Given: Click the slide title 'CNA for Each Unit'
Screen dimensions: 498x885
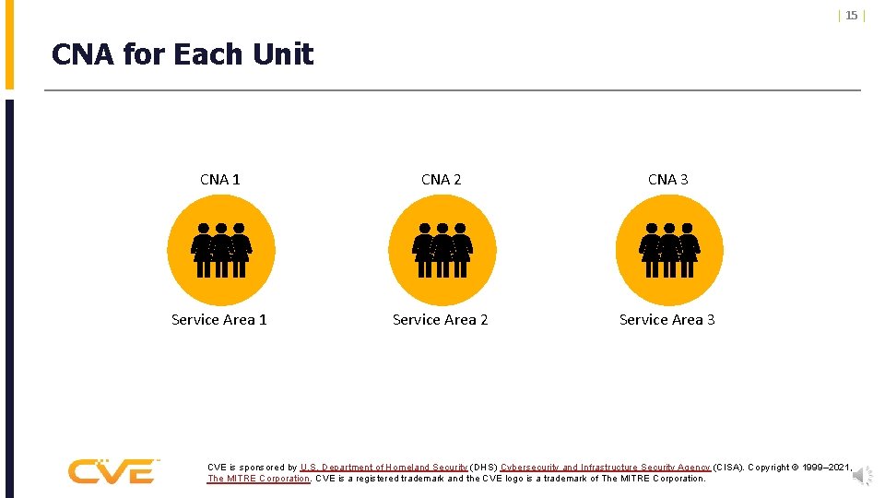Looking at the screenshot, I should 183,55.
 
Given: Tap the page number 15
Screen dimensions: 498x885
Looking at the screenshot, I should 851,15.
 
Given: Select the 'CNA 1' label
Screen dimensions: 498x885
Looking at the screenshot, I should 220,180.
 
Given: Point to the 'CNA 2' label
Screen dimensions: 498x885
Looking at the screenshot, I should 441,180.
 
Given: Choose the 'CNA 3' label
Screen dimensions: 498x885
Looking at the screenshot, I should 667,180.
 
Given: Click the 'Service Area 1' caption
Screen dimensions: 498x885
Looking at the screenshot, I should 219,320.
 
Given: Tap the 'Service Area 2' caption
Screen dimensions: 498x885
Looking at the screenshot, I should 441,320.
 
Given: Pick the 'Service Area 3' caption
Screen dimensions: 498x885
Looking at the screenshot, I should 667,320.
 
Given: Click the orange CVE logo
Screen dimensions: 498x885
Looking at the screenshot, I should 112,471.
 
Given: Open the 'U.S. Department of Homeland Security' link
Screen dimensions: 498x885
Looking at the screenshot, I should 383,468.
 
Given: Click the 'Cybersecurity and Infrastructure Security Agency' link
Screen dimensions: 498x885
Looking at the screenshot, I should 606,468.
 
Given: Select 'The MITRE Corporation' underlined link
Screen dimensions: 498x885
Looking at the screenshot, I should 258,479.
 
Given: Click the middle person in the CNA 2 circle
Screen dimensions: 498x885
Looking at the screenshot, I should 442,250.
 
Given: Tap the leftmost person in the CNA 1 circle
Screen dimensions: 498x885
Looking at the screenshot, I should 202,250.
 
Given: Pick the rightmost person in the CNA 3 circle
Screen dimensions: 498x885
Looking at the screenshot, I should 689,250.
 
